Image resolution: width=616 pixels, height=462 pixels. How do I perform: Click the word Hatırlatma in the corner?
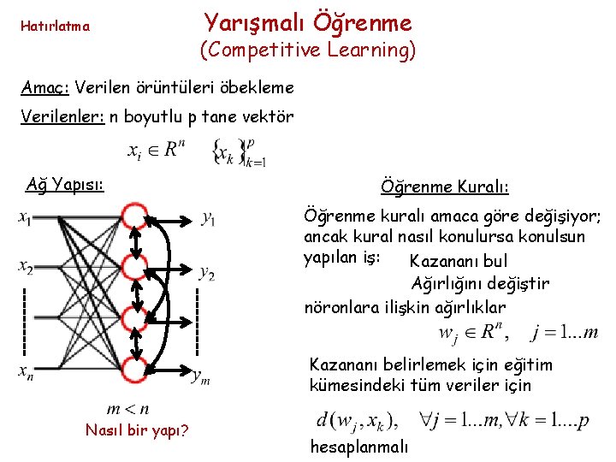(x=54, y=26)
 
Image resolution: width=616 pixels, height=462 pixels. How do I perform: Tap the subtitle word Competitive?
(x=256, y=50)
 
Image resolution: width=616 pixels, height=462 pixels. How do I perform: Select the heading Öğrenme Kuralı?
(x=444, y=187)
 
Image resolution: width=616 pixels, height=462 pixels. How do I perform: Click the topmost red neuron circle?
(x=133, y=215)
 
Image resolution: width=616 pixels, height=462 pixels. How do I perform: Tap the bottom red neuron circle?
(x=134, y=370)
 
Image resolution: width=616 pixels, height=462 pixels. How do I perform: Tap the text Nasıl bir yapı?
(x=137, y=429)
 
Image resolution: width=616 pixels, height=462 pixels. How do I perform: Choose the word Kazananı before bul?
(x=444, y=261)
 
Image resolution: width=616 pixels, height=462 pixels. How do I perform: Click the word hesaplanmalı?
(x=359, y=447)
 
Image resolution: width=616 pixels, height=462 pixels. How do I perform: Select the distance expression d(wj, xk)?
(x=356, y=421)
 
